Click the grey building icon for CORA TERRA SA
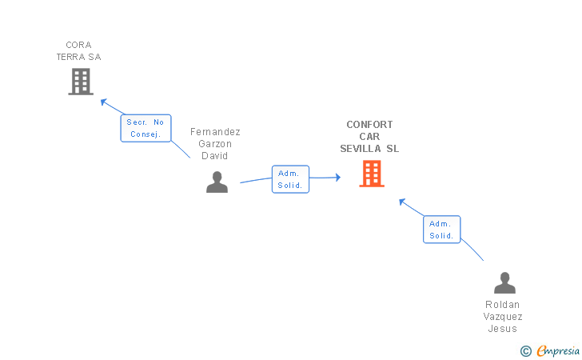point(81,82)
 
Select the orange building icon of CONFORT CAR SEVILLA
point(372,174)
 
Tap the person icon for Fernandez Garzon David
point(217,182)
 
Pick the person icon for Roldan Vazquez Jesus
point(504,283)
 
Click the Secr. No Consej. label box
point(145,128)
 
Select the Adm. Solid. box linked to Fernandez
point(289,179)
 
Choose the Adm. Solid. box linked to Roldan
point(441,230)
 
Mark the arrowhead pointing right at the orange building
point(337,178)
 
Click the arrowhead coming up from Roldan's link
point(402,201)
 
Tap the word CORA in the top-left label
point(78,45)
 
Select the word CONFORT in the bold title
point(369,125)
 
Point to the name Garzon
point(215,144)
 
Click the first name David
point(215,156)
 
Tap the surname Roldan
point(502,305)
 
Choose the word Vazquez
point(503,317)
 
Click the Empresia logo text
point(558,350)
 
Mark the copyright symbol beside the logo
point(525,350)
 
